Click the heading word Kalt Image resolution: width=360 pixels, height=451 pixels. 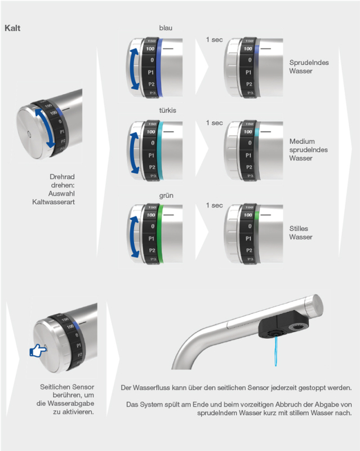[x=13, y=28]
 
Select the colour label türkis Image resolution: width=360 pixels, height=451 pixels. [x=168, y=110]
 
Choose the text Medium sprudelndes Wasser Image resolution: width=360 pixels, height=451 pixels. [x=302, y=149]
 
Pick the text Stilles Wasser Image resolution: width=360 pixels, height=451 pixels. [x=300, y=233]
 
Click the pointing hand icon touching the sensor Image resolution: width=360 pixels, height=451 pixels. [x=39, y=351]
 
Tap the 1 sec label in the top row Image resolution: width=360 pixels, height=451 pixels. [x=214, y=39]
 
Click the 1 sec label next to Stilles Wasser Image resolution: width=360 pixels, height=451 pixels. [x=214, y=205]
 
